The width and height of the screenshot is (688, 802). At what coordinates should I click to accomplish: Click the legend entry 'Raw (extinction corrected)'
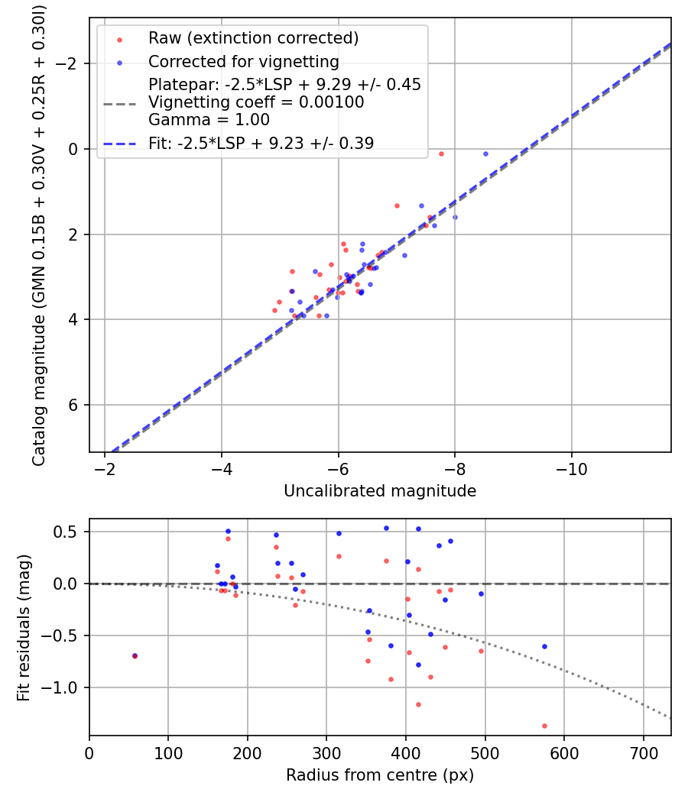[253, 38]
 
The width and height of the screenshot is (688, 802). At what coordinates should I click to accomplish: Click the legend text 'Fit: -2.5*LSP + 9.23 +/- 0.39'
[261, 143]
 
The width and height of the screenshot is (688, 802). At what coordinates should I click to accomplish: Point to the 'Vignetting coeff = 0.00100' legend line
[256, 102]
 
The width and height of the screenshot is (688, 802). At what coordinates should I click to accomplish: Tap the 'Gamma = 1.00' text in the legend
[209, 120]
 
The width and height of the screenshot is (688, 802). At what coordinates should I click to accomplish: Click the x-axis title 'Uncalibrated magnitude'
[380, 491]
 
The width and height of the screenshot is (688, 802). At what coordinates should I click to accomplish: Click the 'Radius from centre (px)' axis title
[380, 775]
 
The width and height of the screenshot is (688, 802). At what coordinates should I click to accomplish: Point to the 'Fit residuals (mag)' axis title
[24, 628]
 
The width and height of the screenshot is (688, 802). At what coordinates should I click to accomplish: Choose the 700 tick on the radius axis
[643, 752]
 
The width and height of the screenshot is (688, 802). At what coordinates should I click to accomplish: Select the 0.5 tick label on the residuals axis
[70, 532]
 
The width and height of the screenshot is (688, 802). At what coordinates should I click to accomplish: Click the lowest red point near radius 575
[544, 726]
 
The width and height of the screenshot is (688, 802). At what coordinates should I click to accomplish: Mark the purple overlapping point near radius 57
[135, 655]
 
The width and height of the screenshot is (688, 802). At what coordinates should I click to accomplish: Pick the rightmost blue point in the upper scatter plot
[485, 154]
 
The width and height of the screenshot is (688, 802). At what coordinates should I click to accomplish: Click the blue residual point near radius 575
[544, 646]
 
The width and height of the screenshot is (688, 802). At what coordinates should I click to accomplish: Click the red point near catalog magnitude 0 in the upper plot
[441, 154]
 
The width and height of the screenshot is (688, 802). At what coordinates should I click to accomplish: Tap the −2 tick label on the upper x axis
[105, 468]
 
